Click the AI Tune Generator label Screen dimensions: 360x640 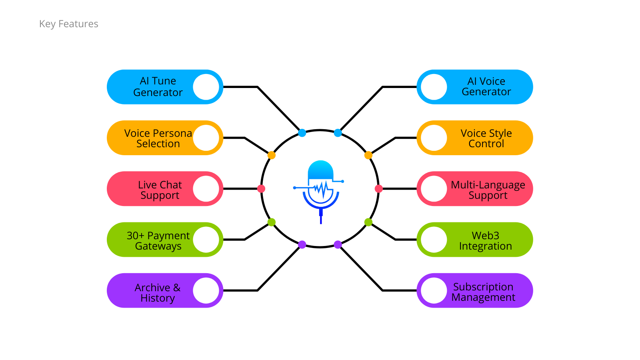pos(158,87)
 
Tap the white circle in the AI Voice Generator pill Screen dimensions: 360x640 pos(434,87)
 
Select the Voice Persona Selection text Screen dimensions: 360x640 pos(158,138)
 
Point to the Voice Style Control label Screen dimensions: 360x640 pos(486,138)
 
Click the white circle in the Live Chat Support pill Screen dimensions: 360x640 pos(206,189)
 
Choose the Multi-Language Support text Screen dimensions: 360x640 pos(488,190)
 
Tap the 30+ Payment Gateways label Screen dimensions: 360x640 pos(158,241)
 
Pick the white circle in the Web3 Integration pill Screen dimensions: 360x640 pos(434,240)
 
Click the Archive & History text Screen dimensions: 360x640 pos(158,293)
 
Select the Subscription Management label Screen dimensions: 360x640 pos(483,292)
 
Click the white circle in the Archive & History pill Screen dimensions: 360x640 pos(206,290)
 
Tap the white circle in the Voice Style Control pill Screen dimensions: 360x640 pos(434,138)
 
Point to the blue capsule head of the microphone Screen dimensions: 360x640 pos(320,170)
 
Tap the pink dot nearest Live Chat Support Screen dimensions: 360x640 pos(261,189)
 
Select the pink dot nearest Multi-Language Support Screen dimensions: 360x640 pos(379,189)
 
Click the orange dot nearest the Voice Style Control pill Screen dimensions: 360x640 pos(368,155)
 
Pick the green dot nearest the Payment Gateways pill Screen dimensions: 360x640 pos(272,222)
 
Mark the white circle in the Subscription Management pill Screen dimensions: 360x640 pos(434,290)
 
